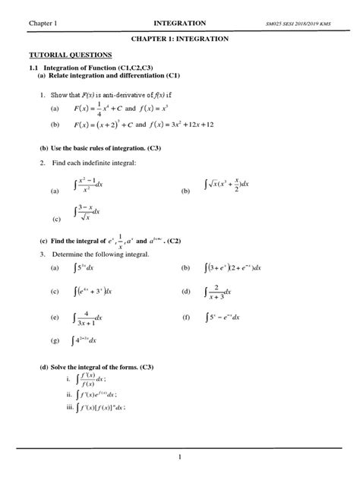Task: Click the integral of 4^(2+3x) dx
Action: click(x=84, y=341)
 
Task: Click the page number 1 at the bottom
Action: click(x=180, y=456)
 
